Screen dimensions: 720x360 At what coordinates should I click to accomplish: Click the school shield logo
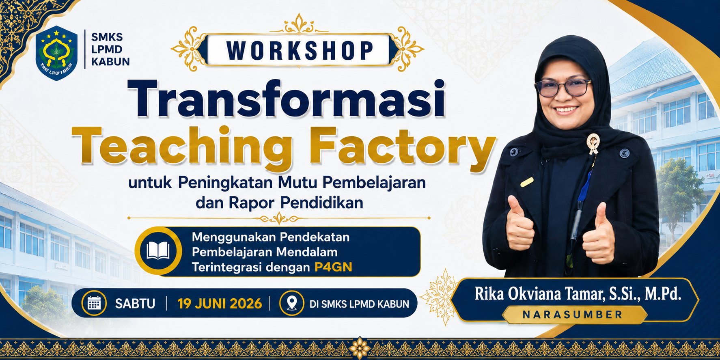coord(56,53)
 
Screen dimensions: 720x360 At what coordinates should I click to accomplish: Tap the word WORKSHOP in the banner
coord(300,51)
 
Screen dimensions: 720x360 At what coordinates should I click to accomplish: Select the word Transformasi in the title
coord(287,99)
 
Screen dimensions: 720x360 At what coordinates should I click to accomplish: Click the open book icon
coord(158,250)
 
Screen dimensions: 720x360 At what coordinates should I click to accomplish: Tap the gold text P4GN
coord(333,267)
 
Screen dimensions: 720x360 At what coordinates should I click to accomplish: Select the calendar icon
coord(94,303)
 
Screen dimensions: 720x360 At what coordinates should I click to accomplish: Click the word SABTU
coord(135,304)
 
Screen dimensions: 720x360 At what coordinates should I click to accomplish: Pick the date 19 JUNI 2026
coord(220,304)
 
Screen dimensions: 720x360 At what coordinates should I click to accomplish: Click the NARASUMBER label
coord(573,315)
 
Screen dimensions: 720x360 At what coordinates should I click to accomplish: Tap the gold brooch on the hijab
coord(593,143)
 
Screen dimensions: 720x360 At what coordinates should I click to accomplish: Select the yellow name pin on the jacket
coord(527,182)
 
